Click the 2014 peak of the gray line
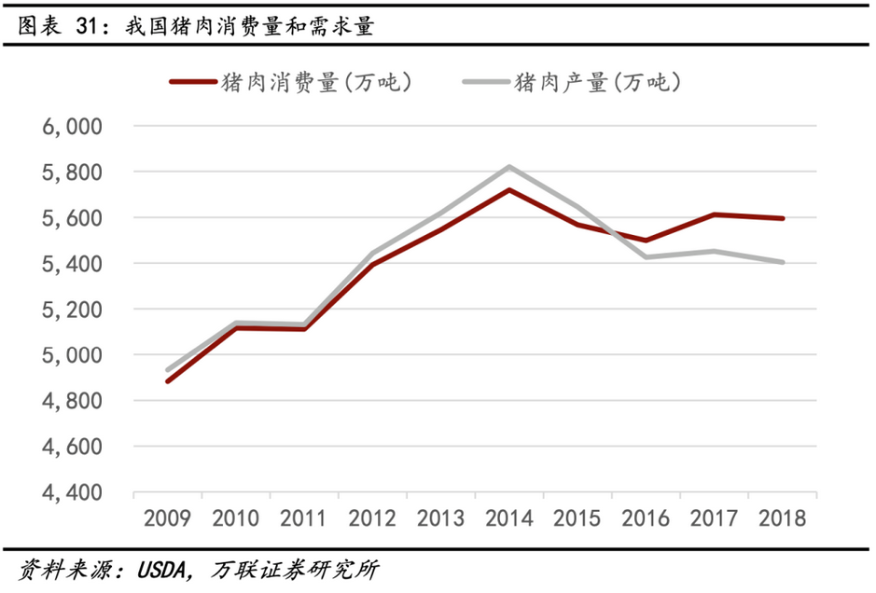point(508,167)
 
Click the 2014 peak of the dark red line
point(508,189)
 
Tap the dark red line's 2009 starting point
point(168,381)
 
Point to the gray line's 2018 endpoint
point(783,262)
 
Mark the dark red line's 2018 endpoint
point(783,218)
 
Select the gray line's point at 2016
point(646,256)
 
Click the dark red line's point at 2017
point(715,214)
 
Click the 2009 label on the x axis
point(168,518)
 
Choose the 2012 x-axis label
point(373,518)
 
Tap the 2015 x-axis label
point(577,518)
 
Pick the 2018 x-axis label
point(783,518)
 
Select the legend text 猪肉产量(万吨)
point(597,82)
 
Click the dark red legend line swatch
point(191,82)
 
